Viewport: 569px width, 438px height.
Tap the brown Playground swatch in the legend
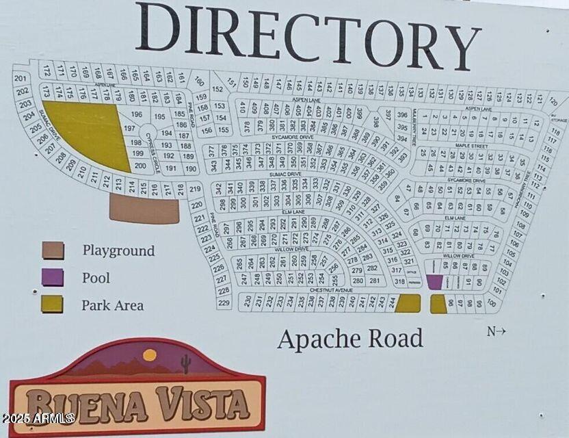53,250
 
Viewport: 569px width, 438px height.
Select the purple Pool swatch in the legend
53,277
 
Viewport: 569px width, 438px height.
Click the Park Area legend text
113,305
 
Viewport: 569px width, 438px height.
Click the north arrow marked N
496,332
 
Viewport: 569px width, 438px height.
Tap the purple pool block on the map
434,281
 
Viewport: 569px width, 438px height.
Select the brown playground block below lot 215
144,209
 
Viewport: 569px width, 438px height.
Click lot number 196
136,114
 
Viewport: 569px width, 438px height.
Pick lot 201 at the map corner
21,79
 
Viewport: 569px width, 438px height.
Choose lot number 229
224,302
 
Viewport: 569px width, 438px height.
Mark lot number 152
217,89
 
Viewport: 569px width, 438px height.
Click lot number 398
376,122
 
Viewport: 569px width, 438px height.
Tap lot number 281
374,281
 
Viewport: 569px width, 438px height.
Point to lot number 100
490,302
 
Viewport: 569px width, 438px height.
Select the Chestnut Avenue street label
330,290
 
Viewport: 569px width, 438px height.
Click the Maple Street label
471,146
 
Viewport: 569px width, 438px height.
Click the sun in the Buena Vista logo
149,355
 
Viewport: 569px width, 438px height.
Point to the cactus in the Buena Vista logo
185,363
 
